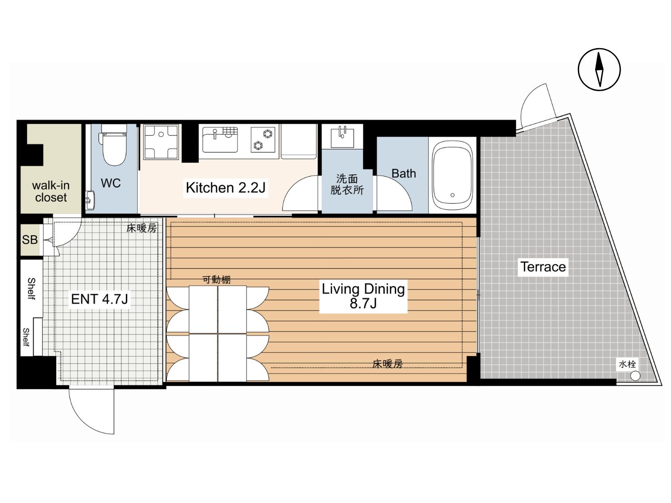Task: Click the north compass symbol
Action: point(599,69)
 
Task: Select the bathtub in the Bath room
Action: point(452,175)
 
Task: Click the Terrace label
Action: point(543,267)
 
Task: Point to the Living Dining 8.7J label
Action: point(363,296)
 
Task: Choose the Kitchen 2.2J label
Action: point(226,187)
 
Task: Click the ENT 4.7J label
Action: point(99,299)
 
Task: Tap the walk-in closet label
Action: point(51,192)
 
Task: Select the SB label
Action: point(30,240)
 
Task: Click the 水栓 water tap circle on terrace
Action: point(636,375)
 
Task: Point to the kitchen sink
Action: point(220,139)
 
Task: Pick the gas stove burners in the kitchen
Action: point(263,139)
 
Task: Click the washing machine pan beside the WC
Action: point(161,142)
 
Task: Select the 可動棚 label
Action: point(216,280)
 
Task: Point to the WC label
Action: point(111,183)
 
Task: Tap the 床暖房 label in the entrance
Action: point(141,228)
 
